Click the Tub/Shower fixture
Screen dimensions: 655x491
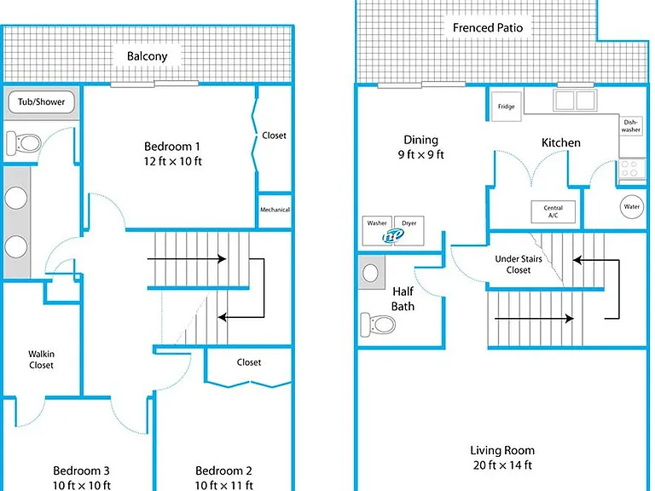pos(41,102)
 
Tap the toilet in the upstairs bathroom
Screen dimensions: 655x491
pos(24,143)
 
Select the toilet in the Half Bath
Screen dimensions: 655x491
pos(378,325)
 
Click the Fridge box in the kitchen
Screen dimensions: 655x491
pos(506,107)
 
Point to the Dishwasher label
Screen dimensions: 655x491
pos(630,126)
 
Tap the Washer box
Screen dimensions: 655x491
pos(377,230)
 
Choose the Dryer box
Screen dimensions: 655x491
pos(409,230)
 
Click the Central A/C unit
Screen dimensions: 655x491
pos(553,211)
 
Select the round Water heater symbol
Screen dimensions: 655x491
pos(632,206)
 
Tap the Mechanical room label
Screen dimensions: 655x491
pos(275,210)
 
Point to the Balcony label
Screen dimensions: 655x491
pos(147,56)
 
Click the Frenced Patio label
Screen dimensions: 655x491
pos(488,28)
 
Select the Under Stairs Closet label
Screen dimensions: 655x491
pos(519,264)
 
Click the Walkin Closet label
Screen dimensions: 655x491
pos(41,360)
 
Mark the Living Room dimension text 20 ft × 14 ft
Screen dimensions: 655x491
pos(502,465)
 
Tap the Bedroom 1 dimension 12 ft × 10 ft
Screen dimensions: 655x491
pos(172,161)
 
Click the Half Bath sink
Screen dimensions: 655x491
pos(370,273)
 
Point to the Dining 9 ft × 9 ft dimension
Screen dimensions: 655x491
pos(420,155)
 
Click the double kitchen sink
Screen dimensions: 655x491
pos(575,101)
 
